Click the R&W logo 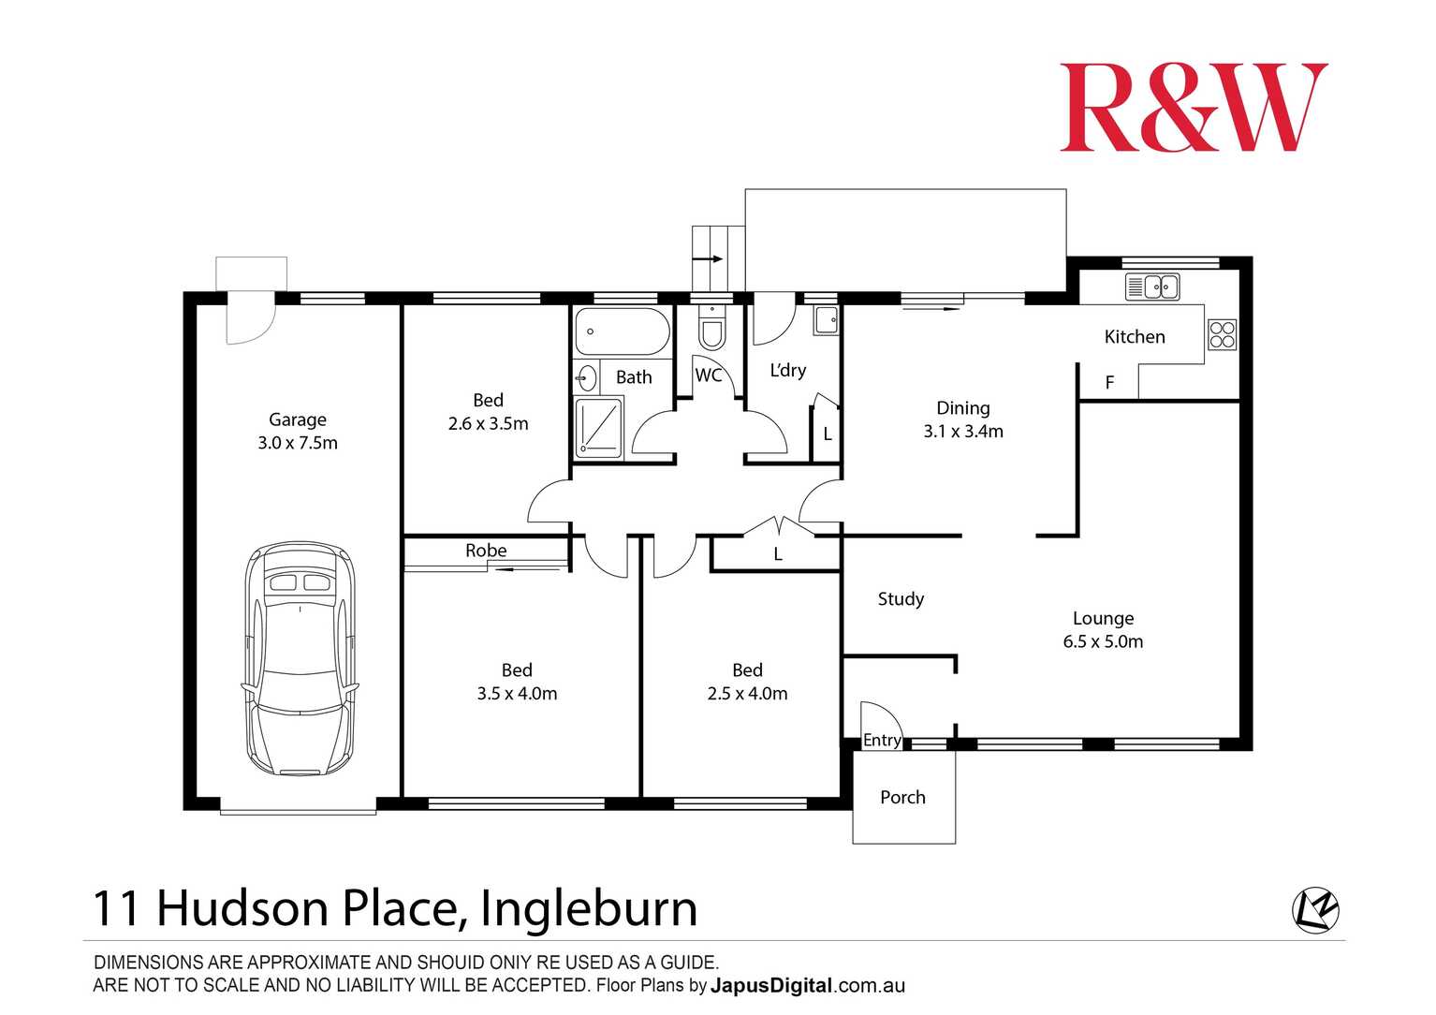pyautogui.click(x=1193, y=108)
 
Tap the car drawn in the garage pyautogui.click(x=300, y=659)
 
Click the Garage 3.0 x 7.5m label pyautogui.click(x=298, y=432)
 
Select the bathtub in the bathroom pyautogui.click(x=622, y=331)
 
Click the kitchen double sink pyautogui.click(x=1152, y=287)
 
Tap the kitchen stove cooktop pyautogui.click(x=1222, y=334)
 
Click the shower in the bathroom pyautogui.click(x=598, y=428)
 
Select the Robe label pyautogui.click(x=486, y=551)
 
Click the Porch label pyautogui.click(x=902, y=798)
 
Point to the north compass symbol pyautogui.click(x=1315, y=910)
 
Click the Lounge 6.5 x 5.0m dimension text pyautogui.click(x=1103, y=642)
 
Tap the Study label pyautogui.click(x=901, y=599)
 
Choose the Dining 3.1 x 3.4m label pyautogui.click(x=963, y=420)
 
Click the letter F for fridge pyautogui.click(x=1109, y=383)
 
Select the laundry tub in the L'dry pyautogui.click(x=826, y=321)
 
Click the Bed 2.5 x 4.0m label pyautogui.click(x=747, y=683)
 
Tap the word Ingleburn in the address pyautogui.click(x=589, y=909)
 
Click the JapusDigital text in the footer pyautogui.click(x=770, y=986)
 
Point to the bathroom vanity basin pyautogui.click(x=586, y=378)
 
